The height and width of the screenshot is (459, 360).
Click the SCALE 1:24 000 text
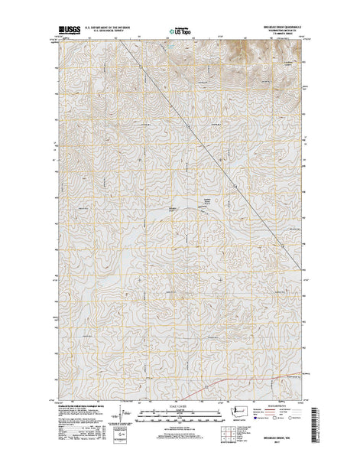180,406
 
